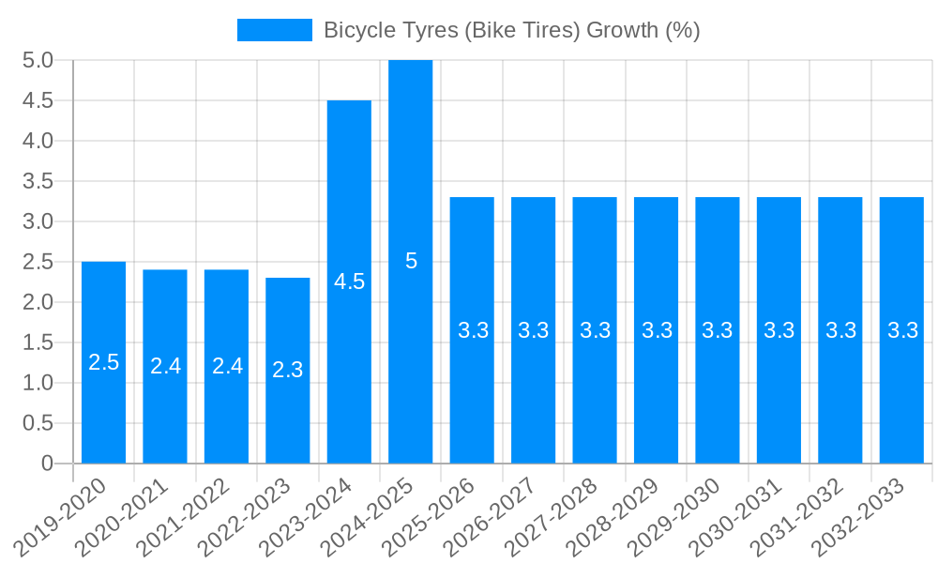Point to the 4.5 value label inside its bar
pyautogui.click(x=349, y=281)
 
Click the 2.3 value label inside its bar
pyautogui.click(x=288, y=370)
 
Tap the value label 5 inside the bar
pyautogui.click(x=411, y=261)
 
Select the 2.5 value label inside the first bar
pyautogui.click(x=103, y=362)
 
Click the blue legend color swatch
pyautogui.click(x=274, y=30)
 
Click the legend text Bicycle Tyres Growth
pyautogui.click(x=511, y=30)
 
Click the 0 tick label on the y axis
pyautogui.click(x=48, y=464)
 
